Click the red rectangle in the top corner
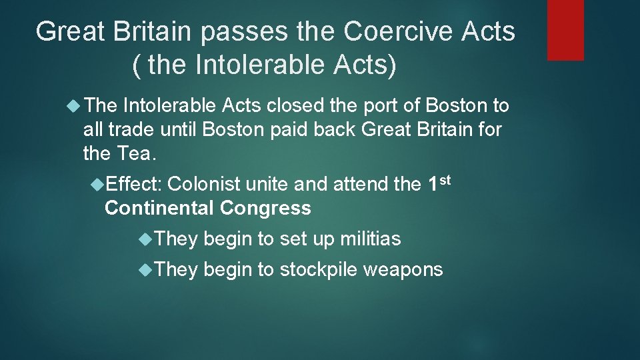tap(565, 30)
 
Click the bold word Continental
tap(159, 208)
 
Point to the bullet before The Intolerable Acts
tap(74, 106)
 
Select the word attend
tap(361, 184)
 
